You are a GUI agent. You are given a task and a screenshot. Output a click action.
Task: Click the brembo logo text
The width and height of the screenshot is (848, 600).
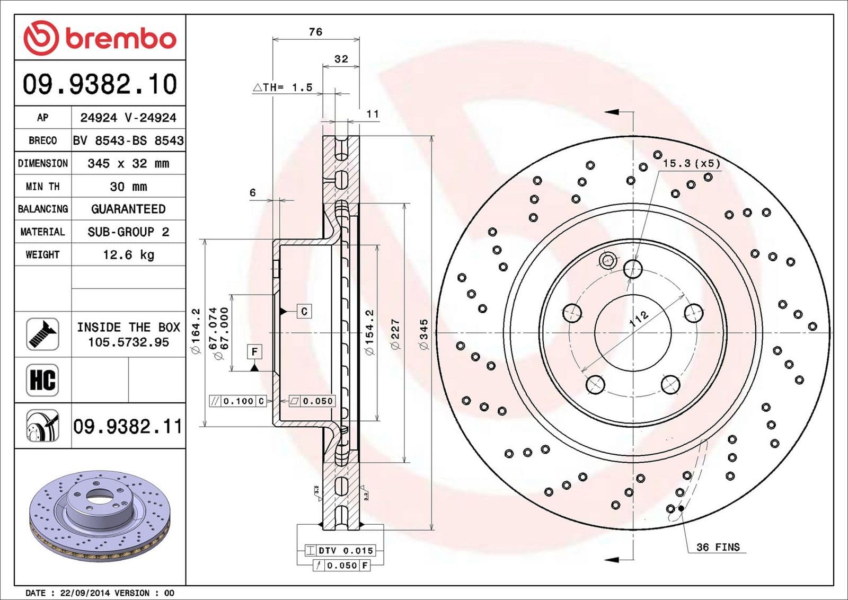[120, 39]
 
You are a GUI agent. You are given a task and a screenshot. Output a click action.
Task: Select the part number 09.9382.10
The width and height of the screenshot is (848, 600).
[100, 84]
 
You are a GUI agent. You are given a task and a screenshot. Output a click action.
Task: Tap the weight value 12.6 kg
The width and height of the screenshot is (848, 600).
[128, 255]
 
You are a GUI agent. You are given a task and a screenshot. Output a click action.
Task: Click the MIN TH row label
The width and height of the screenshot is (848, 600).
[42, 187]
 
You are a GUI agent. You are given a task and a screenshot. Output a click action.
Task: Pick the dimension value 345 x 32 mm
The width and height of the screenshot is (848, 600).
[128, 163]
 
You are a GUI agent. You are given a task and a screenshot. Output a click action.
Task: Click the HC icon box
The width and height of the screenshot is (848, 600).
[42, 380]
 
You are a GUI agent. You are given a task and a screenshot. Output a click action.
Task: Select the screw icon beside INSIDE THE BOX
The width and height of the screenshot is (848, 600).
[42, 334]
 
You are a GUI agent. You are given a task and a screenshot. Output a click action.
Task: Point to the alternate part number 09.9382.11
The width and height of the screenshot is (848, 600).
[128, 427]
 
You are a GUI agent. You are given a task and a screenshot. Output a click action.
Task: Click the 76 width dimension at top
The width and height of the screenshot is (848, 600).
[315, 32]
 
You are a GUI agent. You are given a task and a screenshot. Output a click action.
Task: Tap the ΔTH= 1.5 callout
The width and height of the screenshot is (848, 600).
[283, 87]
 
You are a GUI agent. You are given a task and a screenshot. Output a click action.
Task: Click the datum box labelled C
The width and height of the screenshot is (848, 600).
[304, 311]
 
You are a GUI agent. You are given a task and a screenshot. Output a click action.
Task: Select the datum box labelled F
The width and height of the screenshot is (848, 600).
[255, 351]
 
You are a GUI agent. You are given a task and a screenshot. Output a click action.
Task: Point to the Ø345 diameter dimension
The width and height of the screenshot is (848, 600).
[423, 333]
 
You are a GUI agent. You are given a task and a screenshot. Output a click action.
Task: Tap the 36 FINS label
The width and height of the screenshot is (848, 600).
[718, 547]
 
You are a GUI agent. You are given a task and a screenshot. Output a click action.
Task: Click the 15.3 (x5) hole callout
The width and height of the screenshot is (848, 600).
[691, 163]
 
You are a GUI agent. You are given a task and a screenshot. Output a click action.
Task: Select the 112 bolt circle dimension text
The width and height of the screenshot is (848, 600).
[638, 319]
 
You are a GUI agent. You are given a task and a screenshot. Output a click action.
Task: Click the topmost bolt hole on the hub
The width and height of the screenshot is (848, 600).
[633, 269]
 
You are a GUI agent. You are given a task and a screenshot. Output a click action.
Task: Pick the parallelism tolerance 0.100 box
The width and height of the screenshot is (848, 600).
[238, 401]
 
